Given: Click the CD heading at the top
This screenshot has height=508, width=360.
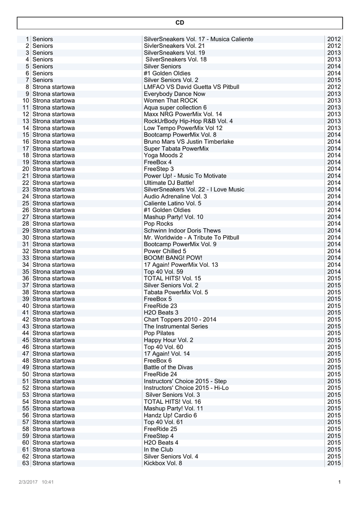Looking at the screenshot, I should tap(180, 23).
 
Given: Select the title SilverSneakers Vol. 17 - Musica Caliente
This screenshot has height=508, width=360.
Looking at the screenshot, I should tap(198, 39).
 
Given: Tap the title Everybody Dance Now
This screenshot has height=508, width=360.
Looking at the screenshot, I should tap(174, 94).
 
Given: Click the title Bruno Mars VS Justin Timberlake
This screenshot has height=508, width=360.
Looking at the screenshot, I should tap(188, 142).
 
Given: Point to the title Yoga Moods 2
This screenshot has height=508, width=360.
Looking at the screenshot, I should tap(163, 155).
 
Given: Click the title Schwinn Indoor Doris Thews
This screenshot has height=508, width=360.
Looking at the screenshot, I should tap(182, 231).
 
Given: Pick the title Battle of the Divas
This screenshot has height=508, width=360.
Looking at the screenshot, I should tap(169, 368).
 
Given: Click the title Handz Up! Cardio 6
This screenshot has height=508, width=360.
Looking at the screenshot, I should tap(170, 415).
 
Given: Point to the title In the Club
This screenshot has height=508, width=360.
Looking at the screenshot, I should tap(158, 449).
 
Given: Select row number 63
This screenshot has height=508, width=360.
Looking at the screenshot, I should tap(26, 463).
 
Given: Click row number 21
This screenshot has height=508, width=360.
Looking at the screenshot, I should tap(26, 176).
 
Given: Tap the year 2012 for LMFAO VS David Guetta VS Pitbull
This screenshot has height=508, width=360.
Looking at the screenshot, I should tap(334, 87).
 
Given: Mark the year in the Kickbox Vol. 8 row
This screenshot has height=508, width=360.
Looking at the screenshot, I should tap(334, 463).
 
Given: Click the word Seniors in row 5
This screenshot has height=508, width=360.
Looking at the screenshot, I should tap(43, 66).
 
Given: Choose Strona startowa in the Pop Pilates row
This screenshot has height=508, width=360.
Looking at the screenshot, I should tap(54, 333).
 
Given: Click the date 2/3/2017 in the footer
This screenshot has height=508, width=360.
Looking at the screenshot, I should tap(28, 482).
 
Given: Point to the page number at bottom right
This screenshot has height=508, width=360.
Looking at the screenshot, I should tap(339, 482).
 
